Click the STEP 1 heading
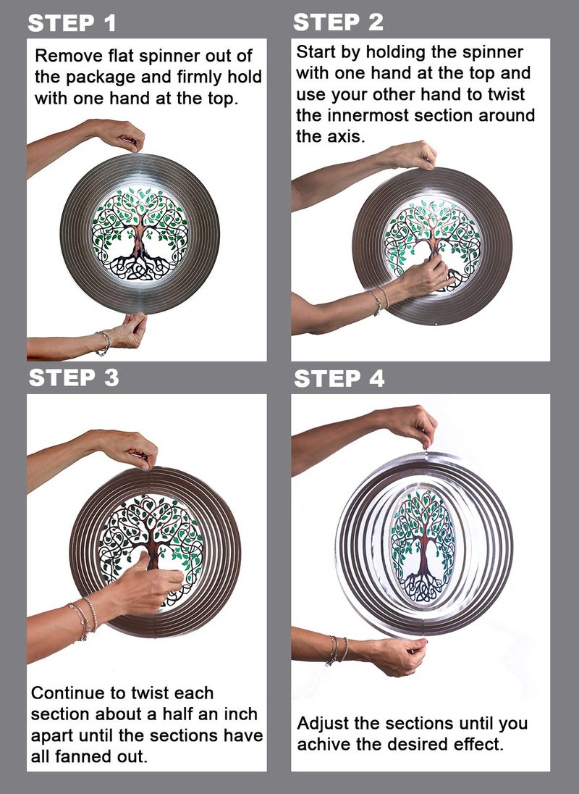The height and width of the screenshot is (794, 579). click(72, 23)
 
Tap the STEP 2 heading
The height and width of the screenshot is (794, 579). click(338, 22)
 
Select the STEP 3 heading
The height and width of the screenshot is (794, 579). click(74, 377)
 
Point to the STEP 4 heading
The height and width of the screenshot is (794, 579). click(339, 379)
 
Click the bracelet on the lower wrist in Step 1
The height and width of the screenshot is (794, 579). click(104, 343)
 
